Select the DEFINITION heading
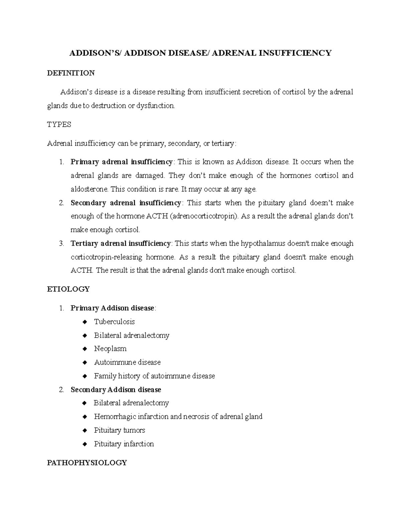[x=71, y=73]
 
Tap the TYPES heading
[x=59, y=125]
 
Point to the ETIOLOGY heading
[x=68, y=289]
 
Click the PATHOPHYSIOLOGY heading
[x=87, y=463]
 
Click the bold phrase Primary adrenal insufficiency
[x=122, y=162]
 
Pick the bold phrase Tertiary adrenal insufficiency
[x=121, y=244]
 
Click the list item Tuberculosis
[x=114, y=322]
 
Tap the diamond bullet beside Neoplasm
[x=85, y=349]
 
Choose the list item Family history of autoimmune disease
[x=154, y=376]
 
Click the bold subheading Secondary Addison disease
[x=116, y=390]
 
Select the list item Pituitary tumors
[x=119, y=430]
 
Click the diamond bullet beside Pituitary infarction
[x=85, y=444]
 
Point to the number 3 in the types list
[x=61, y=244]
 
